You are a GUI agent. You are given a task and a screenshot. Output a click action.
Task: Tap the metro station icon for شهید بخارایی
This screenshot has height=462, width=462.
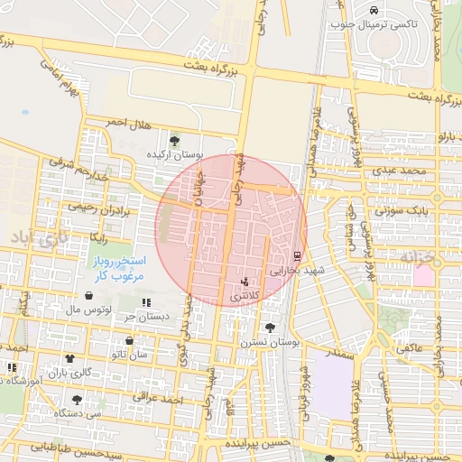tap(297, 256)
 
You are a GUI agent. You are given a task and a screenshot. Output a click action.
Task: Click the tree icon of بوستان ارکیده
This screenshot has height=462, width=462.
tap(174, 140)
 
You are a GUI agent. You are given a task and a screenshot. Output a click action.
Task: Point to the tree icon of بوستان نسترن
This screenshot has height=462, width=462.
tap(269, 328)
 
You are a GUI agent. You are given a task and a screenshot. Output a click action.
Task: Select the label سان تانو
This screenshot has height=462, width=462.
tap(130, 355)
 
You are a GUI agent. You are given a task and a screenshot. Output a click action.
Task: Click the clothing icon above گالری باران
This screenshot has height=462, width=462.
tap(69, 358)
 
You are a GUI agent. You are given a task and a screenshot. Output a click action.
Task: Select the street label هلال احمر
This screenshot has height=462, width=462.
tap(126, 122)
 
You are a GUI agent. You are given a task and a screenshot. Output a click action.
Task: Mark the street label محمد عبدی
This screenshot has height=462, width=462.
tap(401, 170)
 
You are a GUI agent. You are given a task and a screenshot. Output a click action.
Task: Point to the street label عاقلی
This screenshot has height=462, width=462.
tap(411, 346)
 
